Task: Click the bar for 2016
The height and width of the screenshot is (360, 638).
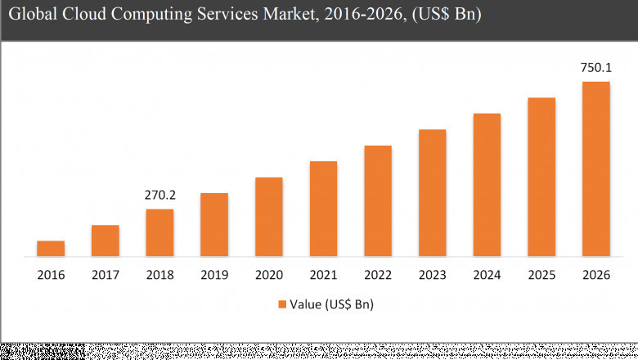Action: click(x=51, y=249)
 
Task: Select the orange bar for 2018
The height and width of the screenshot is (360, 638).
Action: click(x=159, y=233)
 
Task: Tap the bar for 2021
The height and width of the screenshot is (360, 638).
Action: click(x=323, y=209)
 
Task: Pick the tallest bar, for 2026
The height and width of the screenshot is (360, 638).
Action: click(x=595, y=169)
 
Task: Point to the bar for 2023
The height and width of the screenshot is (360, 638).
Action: click(x=432, y=193)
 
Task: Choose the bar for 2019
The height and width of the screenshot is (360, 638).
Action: click(x=214, y=225)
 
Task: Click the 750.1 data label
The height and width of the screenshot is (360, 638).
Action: click(x=595, y=69)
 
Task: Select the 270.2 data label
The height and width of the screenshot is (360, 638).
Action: click(x=159, y=196)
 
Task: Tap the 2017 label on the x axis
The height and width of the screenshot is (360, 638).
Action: click(x=105, y=275)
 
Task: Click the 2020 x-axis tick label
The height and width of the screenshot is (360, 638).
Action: click(x=268, y=275)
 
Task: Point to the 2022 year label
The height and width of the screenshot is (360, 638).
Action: click(x=378, y=275)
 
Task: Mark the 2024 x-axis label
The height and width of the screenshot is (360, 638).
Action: click(x=487, y=275)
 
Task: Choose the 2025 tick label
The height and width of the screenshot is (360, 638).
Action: click(x=541, y=275)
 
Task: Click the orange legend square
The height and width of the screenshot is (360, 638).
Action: click(x=282, y=304)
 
